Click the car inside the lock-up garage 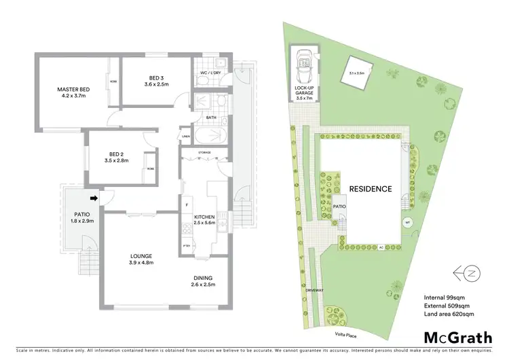click(303, 65)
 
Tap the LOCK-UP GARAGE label click(303, 92)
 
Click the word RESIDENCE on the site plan click(371, 189)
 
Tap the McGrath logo click(458, 338)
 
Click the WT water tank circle click(407, 222)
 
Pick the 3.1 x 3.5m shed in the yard click(356, 72)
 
